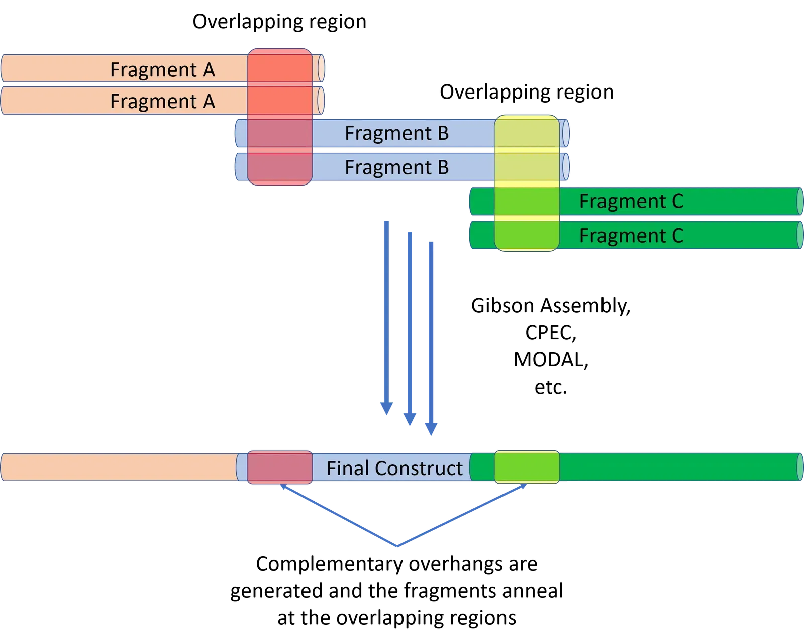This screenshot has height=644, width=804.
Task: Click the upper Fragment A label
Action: click(162, 69)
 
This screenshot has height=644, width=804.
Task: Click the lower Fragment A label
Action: click(162, 101)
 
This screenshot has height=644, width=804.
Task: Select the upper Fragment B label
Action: click(396, 133)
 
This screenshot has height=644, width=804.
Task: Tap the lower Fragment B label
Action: click(396, 167)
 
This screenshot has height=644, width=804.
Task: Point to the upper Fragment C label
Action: click(631, 201)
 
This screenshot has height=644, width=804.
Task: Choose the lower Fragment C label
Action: click(631, 235)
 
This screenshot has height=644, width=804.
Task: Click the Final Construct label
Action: click(394, 468)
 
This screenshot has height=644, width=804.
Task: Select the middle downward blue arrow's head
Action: click(410, 418)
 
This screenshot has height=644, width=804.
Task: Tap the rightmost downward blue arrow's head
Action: click(431, 429)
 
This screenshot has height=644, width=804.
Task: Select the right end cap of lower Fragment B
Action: click(566, 167)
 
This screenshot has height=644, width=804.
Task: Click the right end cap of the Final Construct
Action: click(800, 468)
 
